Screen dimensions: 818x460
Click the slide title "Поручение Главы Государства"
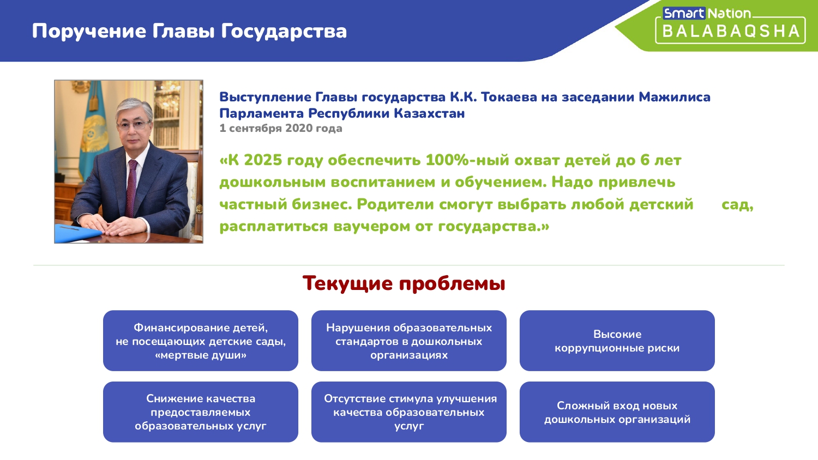[x=189, y=31]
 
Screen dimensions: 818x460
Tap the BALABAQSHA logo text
[x=731, y=32]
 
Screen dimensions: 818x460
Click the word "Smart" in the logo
[x=684, y=14]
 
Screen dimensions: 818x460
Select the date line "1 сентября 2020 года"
[x=280, y=128]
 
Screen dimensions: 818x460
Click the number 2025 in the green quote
[x=263, y=160]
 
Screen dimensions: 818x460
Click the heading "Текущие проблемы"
[x=404, y=283]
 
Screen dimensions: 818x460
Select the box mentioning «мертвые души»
[x=201, y=341]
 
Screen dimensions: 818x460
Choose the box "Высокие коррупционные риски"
[x=617, y=341]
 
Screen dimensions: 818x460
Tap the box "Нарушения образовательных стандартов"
[x=408, y=341]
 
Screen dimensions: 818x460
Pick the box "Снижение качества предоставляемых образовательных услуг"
[x=201, y=412]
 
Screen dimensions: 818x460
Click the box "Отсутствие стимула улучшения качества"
[x=408, y=412]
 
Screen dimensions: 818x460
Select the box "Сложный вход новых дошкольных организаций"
[x=617, y=412]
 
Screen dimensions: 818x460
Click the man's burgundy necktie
[x=131, y=188]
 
